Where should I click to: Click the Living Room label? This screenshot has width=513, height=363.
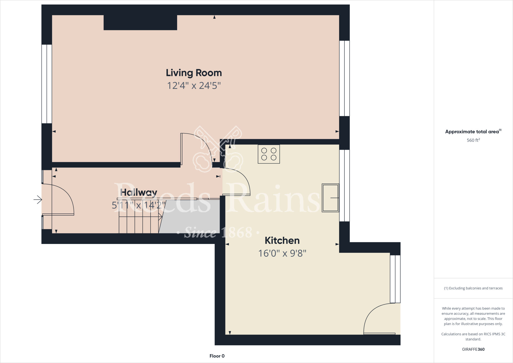coord(194,73)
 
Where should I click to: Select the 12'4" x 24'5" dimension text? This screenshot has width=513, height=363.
coord(194,86)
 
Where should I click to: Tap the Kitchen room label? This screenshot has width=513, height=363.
coord(282,241)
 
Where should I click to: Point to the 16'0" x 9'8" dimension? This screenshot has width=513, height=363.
coord(282,253)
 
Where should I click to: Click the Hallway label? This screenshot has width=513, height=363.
coord(139,193)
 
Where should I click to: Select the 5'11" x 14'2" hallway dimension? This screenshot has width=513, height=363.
coord(139,205)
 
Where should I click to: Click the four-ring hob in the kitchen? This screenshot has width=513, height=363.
coord(269,154)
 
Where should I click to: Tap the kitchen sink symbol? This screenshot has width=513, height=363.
coord(330,198)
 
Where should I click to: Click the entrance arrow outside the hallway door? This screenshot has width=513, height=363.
coord(38,200)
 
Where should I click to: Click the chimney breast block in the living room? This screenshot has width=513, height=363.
coord(140,23)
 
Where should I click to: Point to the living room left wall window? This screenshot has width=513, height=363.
coord(47,84)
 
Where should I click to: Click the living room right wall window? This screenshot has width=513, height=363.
coord(344,78)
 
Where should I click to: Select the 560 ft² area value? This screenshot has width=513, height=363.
coord(473,140)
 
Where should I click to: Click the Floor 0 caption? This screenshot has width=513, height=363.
coord(217,356)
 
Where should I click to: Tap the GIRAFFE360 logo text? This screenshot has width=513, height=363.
coord(473,349)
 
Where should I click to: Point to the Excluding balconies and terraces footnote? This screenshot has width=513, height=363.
coord(473,288)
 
